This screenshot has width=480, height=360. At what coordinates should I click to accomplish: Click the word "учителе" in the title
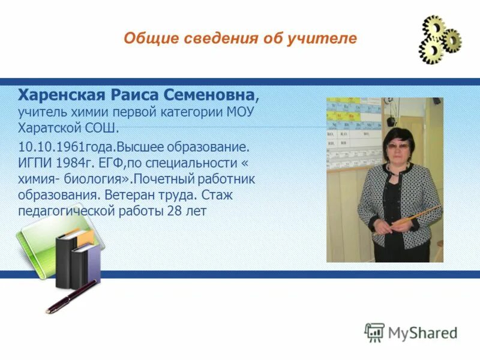[x=328, y=39]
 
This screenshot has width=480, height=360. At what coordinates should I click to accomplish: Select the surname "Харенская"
[x=62, y=96]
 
